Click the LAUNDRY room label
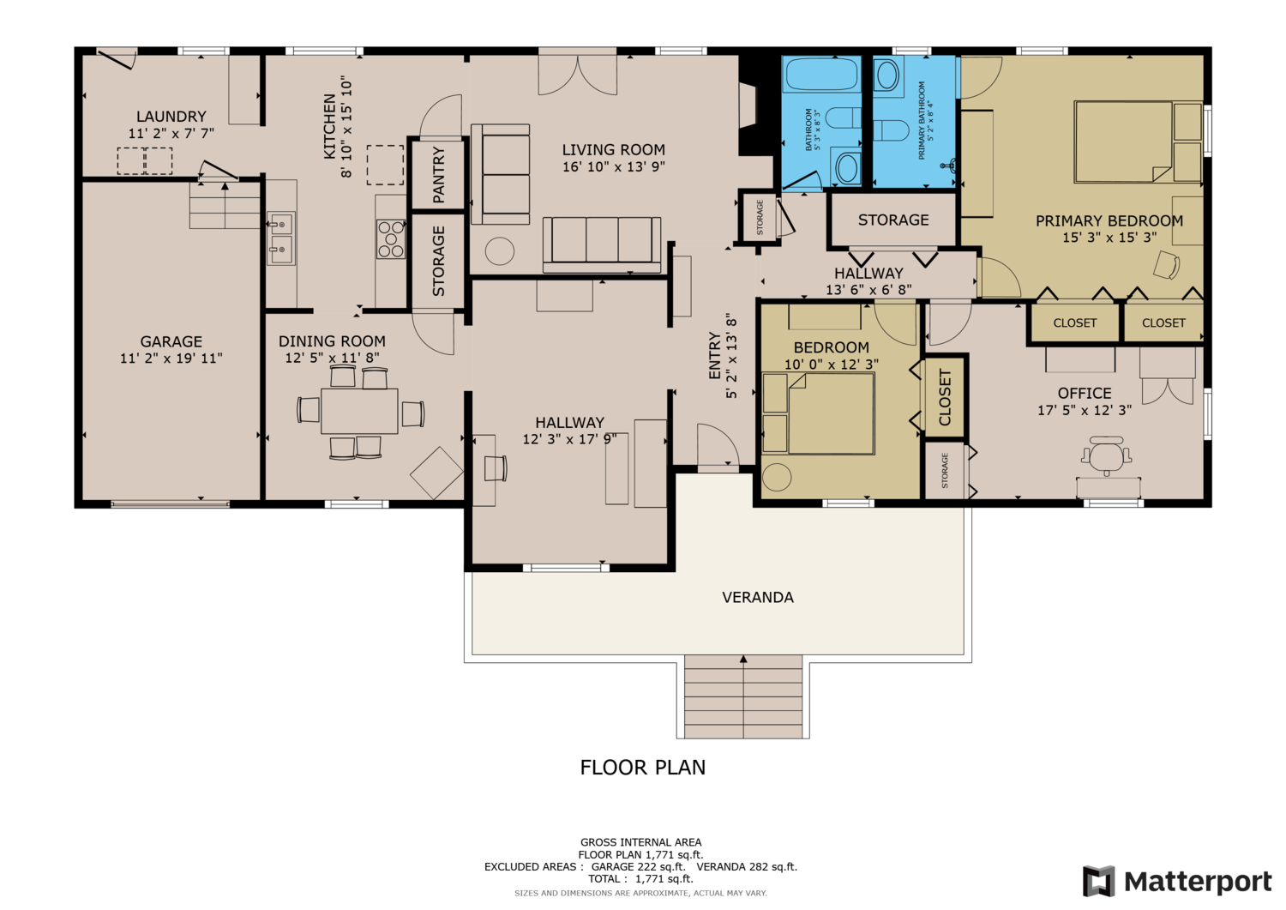coord(171,117)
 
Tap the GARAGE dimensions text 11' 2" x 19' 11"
coord(171,359)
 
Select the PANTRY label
coord(439,175)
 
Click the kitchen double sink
coord(281,238)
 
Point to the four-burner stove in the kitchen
coord(391,238)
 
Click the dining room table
coord(359,412)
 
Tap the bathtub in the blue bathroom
coord(821,74)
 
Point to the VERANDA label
coord(758,598)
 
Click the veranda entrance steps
coord(743,696)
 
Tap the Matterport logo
coord(1177,881)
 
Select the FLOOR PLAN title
coord(642,768)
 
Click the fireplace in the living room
coord(748,105)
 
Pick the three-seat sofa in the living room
coord(602,244)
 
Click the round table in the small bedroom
coord(776,477)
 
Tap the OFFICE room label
coord(1085,394)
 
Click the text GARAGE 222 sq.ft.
coord(639,866)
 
